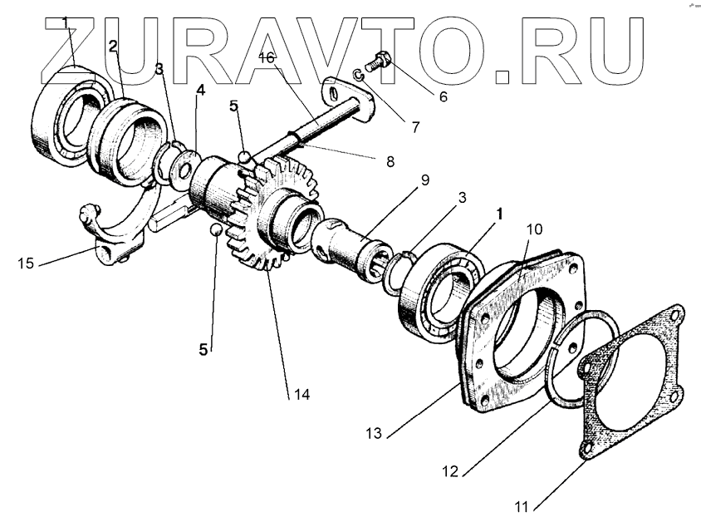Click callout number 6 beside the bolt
[x=443, y=96]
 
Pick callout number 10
[x=534, y=228]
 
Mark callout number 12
[x=449, y=470]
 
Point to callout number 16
[x=266, y=57]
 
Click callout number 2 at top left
[x=112, y=45]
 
